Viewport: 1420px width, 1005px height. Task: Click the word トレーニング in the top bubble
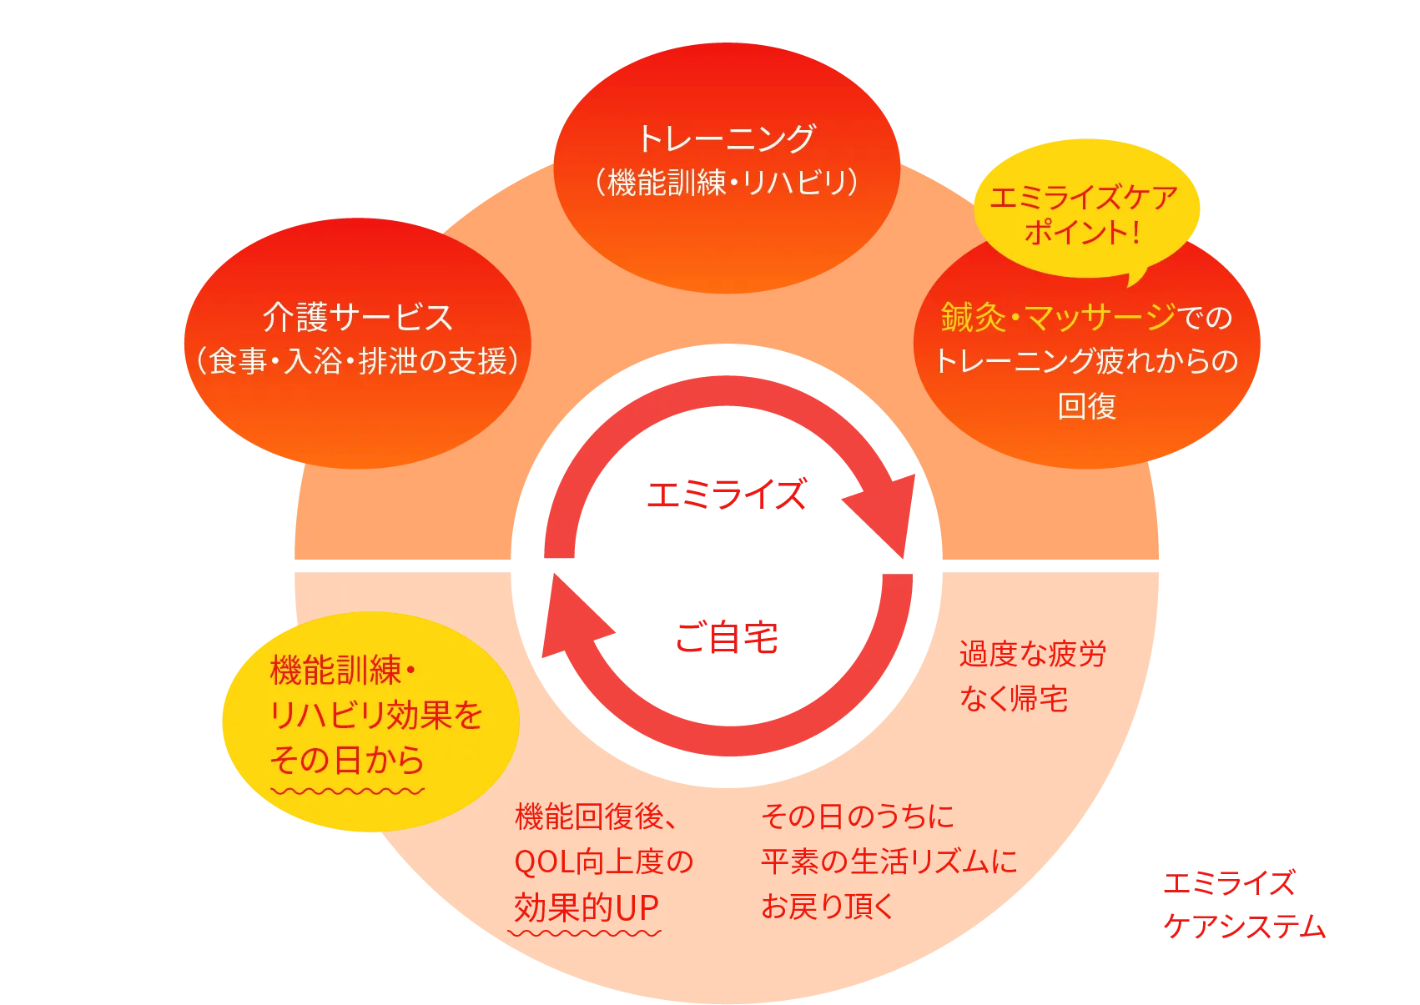tap(726, 138)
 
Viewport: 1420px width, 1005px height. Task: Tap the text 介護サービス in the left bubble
tap(358, 317)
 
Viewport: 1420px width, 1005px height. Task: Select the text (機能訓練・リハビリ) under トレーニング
tap(726, 183)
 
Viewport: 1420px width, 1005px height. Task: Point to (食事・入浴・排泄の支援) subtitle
tap(358, 361)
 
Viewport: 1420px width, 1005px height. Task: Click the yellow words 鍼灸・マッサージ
tap(1058, 317)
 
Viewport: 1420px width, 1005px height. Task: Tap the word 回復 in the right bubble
tap(1086, 406)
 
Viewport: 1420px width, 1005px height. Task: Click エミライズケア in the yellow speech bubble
tap(1084, 198)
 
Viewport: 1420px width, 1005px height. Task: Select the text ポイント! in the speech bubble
tap(1082, 232)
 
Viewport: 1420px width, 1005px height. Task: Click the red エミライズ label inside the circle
tap(727, 495)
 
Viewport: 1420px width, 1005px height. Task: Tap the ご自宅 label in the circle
tap(727, 637)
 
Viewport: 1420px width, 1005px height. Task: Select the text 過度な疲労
tap(1032, 655)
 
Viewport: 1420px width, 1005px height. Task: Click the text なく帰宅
tap(1013, 699)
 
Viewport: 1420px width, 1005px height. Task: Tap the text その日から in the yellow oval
tap(347, 760)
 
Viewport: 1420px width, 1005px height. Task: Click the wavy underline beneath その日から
tap(347, 790)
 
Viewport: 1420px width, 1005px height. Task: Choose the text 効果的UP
tap(587, 907)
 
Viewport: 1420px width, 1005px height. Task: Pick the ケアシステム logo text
tap(1243, 927)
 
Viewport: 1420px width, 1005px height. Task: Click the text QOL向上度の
tap(604, 862)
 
